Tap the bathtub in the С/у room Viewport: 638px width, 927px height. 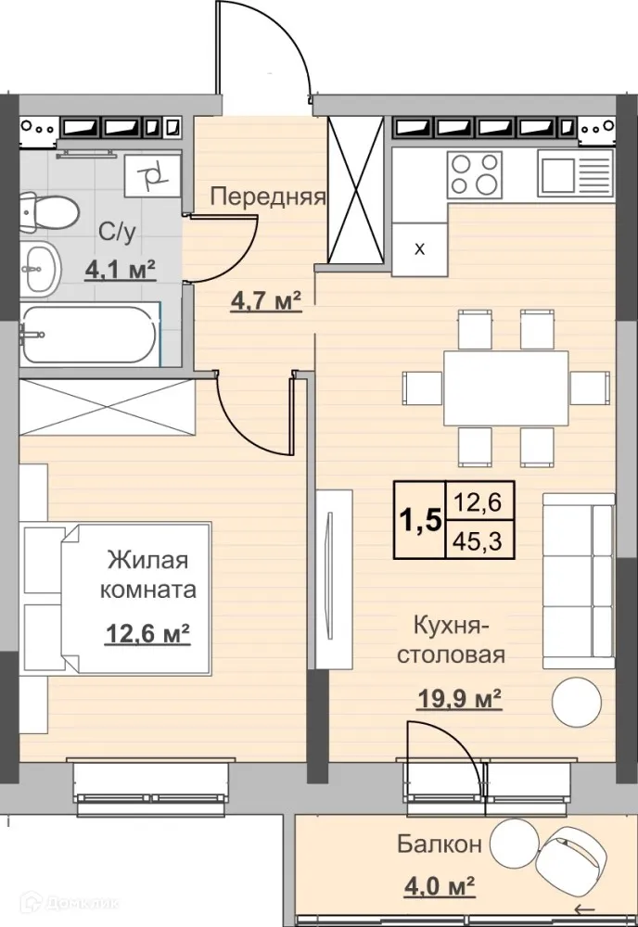90,334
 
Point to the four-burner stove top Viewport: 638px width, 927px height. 474,172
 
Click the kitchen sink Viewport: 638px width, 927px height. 575,172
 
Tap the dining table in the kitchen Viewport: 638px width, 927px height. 505,387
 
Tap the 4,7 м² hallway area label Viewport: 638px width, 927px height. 266,301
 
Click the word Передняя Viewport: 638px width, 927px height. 267,197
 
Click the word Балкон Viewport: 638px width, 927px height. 440,844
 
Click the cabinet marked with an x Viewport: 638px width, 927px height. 419,248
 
